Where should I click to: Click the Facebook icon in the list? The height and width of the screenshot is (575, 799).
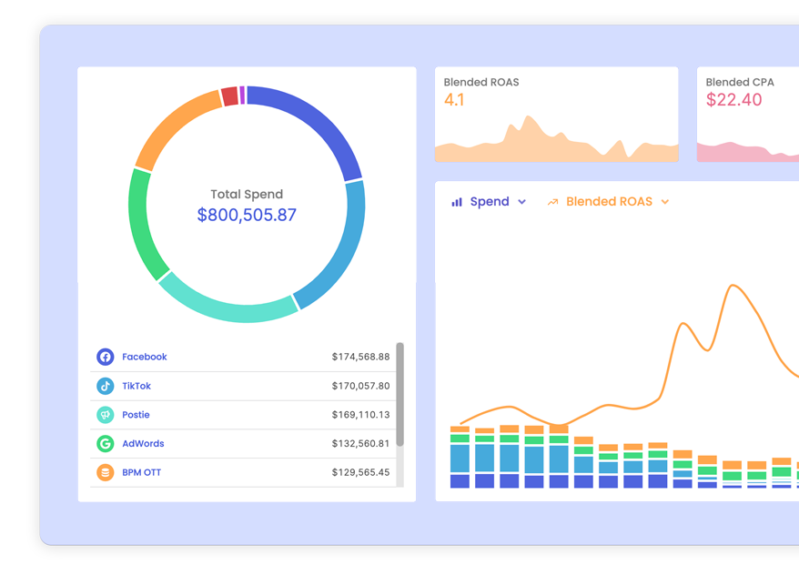pos(106,357)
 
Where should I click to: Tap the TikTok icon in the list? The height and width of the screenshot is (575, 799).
pos(106,386)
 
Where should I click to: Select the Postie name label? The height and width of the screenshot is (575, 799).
pos(136,415)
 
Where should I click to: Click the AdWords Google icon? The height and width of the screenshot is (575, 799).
pos(106,444)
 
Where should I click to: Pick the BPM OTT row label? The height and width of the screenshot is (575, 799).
pos(141,472)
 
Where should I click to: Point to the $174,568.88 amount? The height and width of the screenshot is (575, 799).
pos(360,357)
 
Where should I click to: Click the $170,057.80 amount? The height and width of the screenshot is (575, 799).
pos(360,386)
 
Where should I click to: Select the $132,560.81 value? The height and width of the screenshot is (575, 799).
pos(360,444)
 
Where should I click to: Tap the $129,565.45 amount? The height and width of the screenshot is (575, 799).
pos(360,472)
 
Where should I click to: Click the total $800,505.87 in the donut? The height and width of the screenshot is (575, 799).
pos(247,215)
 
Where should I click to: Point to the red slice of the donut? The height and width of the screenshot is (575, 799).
pos(229,96)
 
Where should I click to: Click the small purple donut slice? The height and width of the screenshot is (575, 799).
pos(242,95)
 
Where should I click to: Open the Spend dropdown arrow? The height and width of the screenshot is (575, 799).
pos(521,202)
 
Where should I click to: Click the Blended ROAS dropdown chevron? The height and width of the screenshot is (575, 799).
pos(665,202)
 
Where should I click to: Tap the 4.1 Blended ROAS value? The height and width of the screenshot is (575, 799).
pos(454,100)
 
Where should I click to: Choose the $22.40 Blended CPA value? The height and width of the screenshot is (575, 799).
pos(733,100)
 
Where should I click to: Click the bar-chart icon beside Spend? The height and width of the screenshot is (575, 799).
pos(457,202)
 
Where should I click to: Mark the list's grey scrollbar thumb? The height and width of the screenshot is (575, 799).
pos(399,394)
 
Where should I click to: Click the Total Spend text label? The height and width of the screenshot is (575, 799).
pos(247,194)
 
